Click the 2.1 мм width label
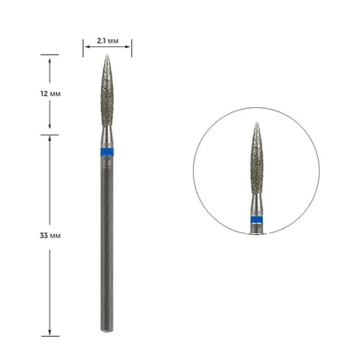point(107,41)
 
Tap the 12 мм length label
point(51,93)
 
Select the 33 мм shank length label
point(51,236)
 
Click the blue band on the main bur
point(107,153)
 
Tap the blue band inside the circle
point(256,219)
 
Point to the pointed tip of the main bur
point(107,55)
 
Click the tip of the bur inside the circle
point(256,123)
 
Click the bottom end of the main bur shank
point(107,332)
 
